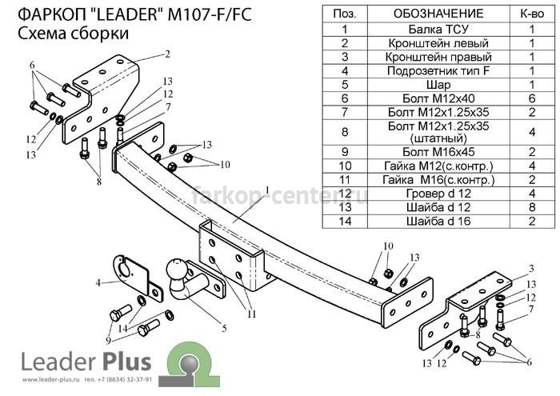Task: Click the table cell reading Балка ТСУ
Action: click(438, 29)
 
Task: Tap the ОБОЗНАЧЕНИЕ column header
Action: click(438, 14)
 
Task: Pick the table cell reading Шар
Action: click(438, 85)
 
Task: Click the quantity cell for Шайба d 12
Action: click(532, 207)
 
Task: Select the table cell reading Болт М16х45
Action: click(438, 152)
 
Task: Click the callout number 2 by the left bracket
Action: click(167, 54)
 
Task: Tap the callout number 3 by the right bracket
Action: click(531, 269)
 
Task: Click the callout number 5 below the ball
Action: click(224, 328)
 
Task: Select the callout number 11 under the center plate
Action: click(252, 314)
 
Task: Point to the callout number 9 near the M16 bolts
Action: click(109, 340)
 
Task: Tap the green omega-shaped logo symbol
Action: click(190, 364)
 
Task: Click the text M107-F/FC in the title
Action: click(210, 14)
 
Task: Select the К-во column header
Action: click(532, 14)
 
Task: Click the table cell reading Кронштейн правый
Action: click(438, 57)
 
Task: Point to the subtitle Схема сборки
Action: click(73, 34)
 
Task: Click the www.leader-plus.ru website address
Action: click(50, 379)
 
